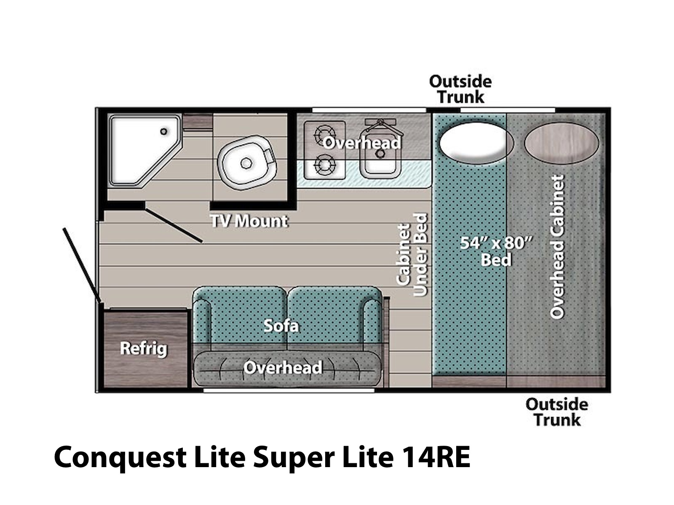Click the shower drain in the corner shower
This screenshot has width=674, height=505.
(164, 131)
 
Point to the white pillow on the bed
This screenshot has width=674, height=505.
(476, 143)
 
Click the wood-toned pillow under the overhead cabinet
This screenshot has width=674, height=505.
(561, 143)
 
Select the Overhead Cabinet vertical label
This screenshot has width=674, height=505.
(557, 247)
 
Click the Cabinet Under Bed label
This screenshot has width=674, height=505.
(412, 255)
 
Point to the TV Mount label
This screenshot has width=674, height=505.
(249, 221)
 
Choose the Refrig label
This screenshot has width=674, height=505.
(143, 348)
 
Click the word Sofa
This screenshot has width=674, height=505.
(281, 326)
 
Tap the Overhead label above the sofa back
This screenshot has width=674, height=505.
(283, 367)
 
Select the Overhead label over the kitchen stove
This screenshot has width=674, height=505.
(361, 143)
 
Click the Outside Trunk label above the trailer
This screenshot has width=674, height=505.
(460, 89)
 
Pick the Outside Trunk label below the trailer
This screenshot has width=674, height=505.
(557, 412)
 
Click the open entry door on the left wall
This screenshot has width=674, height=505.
(82, 266)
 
